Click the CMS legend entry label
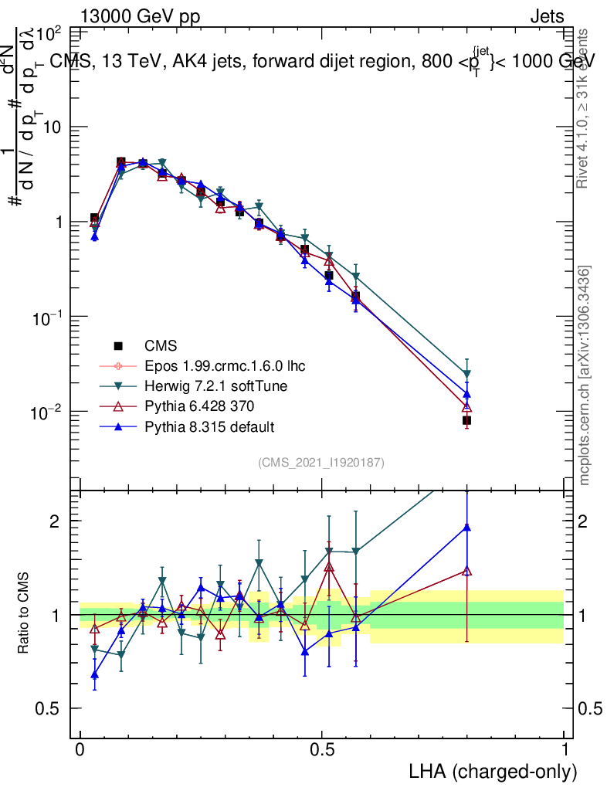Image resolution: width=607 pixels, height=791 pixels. pos(161,345)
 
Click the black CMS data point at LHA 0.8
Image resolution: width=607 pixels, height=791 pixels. pos(466,420)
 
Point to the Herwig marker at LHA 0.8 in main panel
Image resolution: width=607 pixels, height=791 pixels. pos(466,374)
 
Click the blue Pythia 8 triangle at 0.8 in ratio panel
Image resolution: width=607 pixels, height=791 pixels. pos(466,528)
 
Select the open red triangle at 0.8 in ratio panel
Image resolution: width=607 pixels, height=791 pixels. pos(466,571)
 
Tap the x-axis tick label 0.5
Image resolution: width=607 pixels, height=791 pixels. pos(322,750)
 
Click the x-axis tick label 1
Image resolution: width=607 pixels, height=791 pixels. pos(564,750)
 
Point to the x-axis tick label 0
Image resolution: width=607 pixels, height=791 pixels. pos(80,750)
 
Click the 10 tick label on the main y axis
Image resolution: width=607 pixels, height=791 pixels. pos(52,127)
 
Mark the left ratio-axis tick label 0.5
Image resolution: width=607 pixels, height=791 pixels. pos(48,709)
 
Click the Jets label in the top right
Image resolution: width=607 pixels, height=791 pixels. pos(547,17)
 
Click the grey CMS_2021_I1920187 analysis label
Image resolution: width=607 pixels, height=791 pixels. pos(321,462)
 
